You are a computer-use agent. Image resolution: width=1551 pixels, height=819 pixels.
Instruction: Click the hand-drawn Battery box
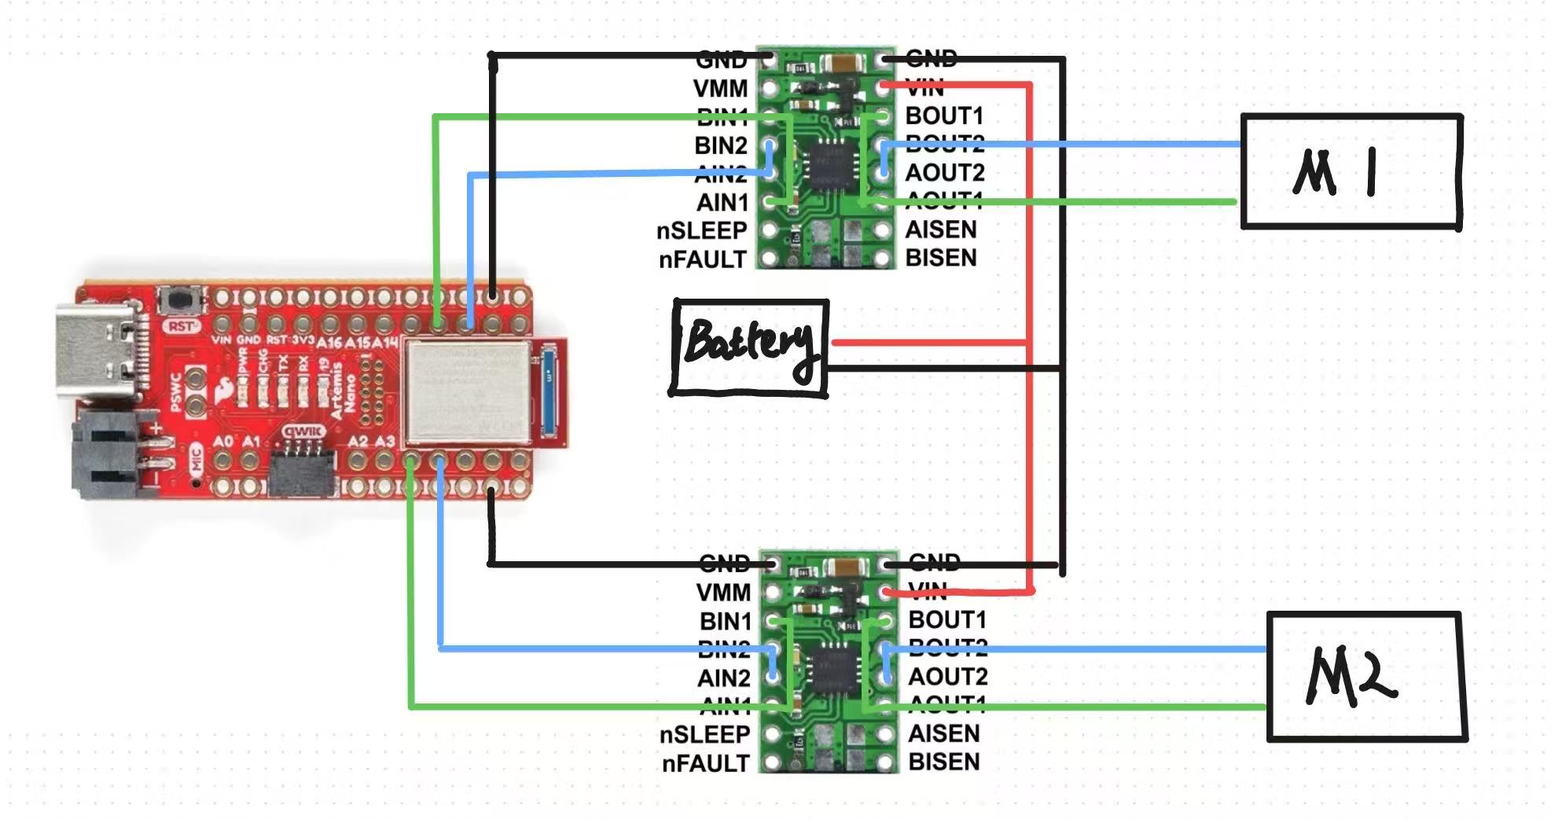click(x=749, y=347)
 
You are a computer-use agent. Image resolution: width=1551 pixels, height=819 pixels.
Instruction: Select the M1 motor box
click(x=1351, y=171)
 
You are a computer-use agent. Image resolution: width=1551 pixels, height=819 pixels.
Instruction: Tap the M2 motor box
click(x=1366, y=676)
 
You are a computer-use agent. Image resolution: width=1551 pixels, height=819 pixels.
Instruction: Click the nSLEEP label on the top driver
click(x=701, y=231)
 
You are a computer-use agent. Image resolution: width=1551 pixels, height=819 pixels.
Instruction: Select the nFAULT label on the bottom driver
click(x=705, y=763)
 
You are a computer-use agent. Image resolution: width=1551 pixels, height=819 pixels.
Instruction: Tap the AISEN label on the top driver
click(x=940, y=230)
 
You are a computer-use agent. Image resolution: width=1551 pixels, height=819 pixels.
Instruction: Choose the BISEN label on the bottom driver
click(x=943, y=762)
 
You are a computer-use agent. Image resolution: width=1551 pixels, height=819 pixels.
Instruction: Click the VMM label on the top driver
click(x=720, y=88)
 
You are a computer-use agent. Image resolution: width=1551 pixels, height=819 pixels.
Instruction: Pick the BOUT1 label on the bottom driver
click(x=946, y=620)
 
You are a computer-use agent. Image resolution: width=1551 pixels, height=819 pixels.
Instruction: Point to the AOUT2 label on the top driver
click(x=944, y=172)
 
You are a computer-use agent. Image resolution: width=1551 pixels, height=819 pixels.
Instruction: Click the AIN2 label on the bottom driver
click(x=723, y=678)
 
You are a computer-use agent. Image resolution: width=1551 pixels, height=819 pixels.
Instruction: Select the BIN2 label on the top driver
click(x=720, y=145)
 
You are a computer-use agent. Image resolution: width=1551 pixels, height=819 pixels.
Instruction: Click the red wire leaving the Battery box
click(x=928, y=342)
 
